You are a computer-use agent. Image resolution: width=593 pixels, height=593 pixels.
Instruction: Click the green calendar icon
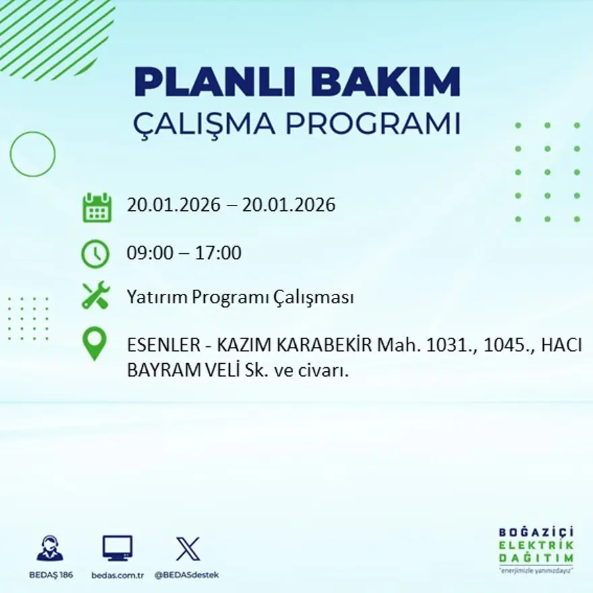point(96,208)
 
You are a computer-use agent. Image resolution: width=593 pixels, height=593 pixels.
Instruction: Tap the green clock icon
point(95,253)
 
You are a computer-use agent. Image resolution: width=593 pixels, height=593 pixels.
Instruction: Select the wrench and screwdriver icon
point(95,296)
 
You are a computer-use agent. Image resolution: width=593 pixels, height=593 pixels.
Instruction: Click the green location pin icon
point(94,343)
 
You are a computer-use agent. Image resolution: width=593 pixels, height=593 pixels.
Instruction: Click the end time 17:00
point(218,253)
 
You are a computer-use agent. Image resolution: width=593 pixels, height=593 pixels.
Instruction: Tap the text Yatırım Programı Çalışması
point(240,297)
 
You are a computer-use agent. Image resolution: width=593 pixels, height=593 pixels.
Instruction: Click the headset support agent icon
point(50,549)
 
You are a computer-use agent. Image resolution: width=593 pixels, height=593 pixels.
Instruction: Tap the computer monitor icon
point(117,548)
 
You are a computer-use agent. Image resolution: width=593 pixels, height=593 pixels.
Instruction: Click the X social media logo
point(187,549)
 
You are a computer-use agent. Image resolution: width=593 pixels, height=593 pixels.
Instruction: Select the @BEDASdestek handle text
point(187,575)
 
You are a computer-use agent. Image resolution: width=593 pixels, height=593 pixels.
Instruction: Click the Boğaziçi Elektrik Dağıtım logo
point(536,549)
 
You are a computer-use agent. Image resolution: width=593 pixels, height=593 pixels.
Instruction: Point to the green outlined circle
point(32,154)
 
